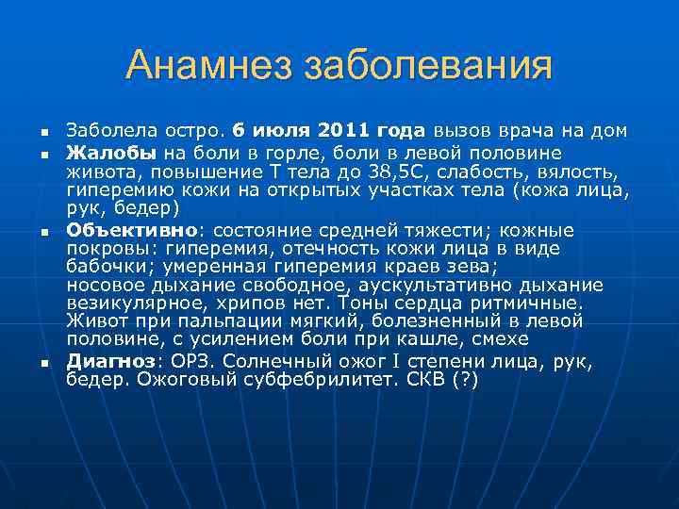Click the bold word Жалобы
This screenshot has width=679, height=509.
112,153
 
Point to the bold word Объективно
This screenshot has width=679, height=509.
131,230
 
